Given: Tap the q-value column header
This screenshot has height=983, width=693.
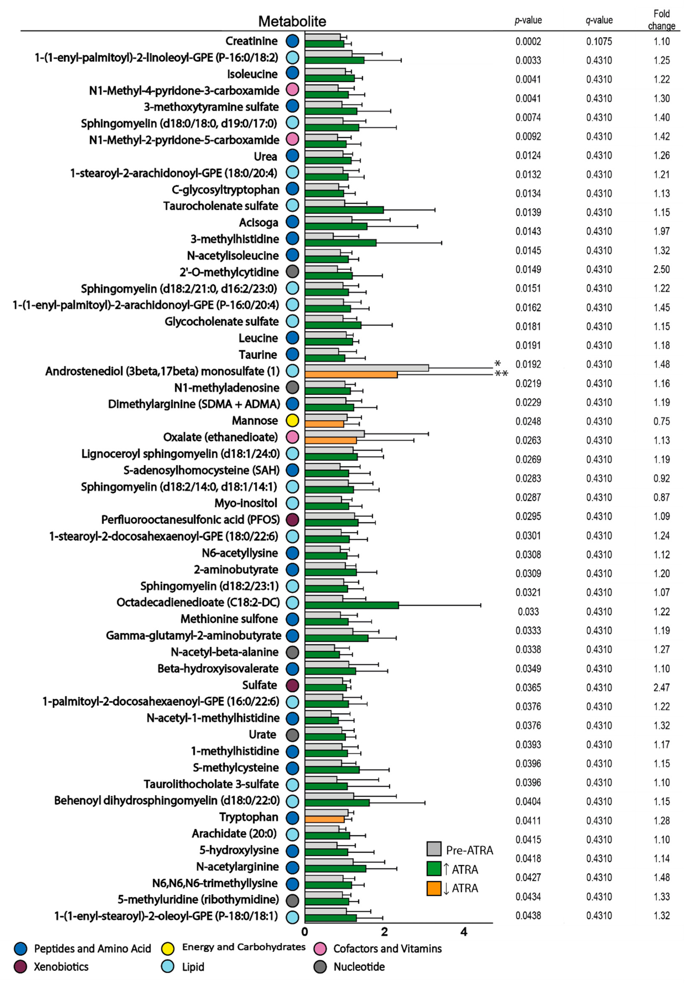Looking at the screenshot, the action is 599,20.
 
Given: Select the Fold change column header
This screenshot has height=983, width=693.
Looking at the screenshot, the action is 661,20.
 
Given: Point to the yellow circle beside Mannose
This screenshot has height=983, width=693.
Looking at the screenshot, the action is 292,420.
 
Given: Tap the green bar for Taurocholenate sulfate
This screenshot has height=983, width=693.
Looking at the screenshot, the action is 344,210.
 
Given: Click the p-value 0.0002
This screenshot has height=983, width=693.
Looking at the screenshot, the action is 528,42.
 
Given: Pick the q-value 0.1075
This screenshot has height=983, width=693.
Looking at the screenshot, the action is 599,42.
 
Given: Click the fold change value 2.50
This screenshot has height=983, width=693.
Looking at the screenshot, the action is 661,269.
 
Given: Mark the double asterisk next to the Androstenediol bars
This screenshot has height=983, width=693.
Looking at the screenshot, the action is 501,374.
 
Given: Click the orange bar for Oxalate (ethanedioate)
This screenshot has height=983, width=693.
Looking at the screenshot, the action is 331,440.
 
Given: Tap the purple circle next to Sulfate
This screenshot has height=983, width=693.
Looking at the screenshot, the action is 292,685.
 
